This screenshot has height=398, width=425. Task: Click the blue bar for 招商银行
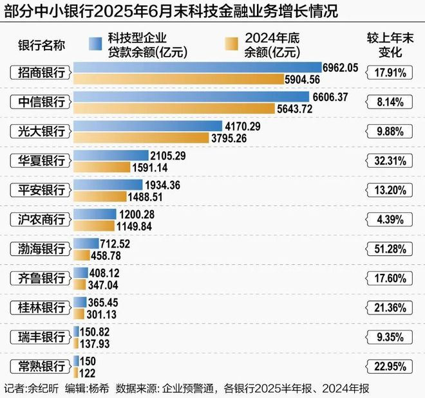click(197, 68)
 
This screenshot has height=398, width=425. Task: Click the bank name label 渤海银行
click(38, 248)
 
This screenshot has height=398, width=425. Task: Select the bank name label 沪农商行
click(38, 219)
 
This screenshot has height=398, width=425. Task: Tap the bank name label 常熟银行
click(38, 366)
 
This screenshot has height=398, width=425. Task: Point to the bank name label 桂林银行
click(38, 307)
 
